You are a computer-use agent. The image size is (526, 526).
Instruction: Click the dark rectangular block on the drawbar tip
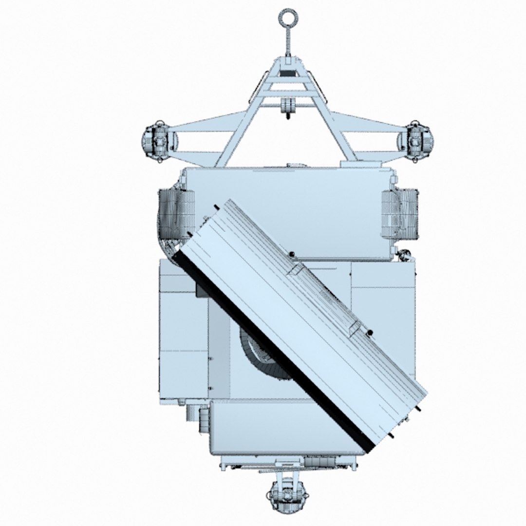click(x=288, y=73)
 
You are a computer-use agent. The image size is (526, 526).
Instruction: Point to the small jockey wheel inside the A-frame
click(x=288, y=108)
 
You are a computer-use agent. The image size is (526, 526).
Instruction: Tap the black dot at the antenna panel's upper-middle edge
click(x=291, y=254)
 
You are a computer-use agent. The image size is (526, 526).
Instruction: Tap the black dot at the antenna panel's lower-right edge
click(x=370, y=333)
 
